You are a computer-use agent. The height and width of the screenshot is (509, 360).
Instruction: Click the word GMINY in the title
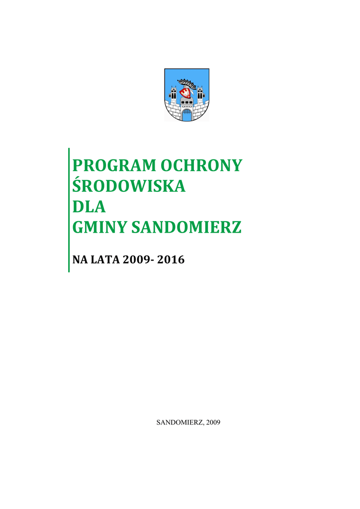coord(98,228)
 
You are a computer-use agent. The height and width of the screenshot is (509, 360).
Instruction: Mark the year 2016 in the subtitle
coord(171,259)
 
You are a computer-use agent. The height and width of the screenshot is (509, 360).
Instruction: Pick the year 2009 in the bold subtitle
coord(136,259)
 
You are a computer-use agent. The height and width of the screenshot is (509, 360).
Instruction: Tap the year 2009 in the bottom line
coord(212,423)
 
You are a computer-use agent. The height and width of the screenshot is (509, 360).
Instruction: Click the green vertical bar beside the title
coord(69,209)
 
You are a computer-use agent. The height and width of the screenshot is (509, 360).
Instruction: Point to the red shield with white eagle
coord(187,93)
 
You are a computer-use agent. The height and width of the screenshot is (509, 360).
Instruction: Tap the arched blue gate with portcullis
coord(187,115)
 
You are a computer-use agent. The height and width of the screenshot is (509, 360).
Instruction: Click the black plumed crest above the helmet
coord(187,82)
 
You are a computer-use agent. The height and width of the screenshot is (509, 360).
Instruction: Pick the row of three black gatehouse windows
coord(187,105)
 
